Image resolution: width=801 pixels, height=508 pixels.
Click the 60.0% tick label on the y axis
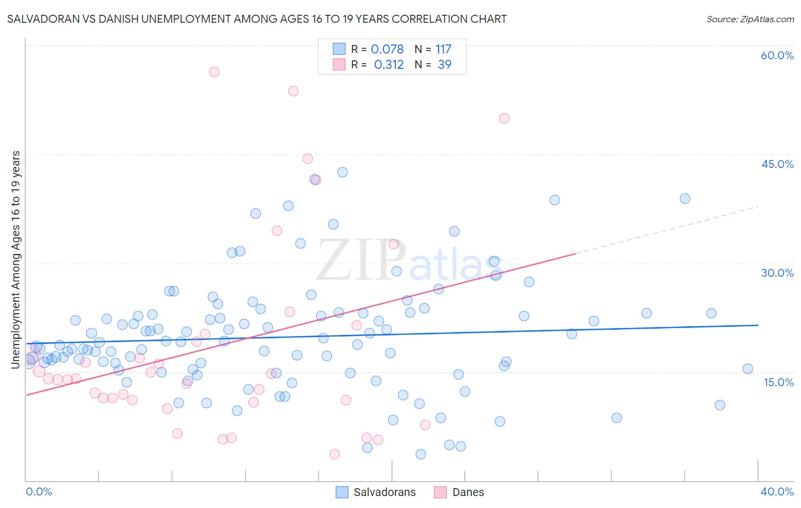coord(777,55)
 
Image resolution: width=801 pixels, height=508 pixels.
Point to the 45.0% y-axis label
coord(777,164)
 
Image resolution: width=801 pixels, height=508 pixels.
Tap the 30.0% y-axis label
coord(777,273)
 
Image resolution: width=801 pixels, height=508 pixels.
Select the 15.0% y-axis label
coord(778,382)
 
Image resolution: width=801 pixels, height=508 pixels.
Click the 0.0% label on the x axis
coord(39,491)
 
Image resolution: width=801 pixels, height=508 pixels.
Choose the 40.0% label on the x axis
coord(777,491)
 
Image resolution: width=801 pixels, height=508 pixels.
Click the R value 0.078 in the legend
coord(387,50)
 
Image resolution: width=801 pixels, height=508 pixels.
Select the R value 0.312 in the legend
coord(389,65)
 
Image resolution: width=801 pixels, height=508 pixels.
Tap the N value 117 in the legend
coord(443,50)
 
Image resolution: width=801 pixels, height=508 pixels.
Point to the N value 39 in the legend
coord(444,65)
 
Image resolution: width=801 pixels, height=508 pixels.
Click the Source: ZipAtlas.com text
coord(750,19)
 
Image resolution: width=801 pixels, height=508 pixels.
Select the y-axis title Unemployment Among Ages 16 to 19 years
coord(15,260)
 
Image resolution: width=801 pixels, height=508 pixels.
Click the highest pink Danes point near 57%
coord(214,72)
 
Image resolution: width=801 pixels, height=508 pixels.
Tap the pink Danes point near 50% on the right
coord(504,118)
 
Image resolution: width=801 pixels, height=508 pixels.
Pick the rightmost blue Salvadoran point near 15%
coord(747,368)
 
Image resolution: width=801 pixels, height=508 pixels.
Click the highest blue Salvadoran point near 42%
coord(342,172)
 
